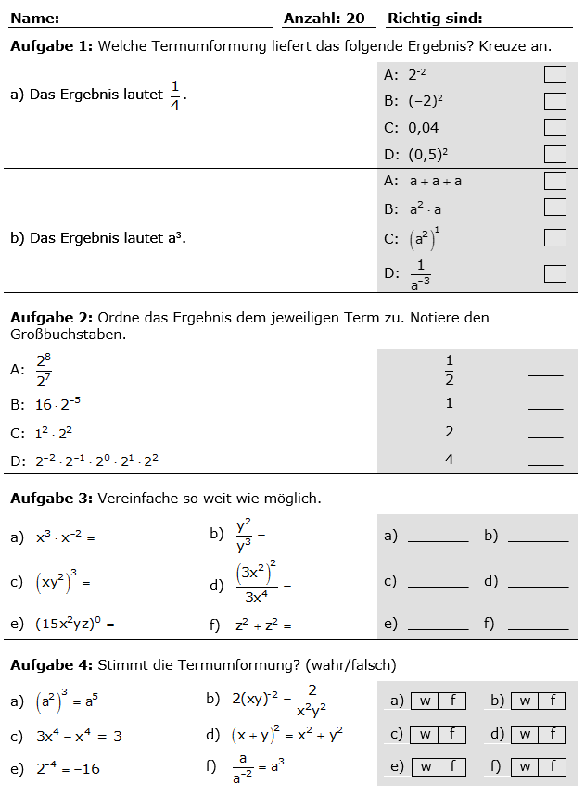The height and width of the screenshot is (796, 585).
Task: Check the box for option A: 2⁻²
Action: tap(554, 75)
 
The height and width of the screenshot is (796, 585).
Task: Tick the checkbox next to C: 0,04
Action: tap(554, 128)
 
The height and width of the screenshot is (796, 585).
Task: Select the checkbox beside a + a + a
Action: tap(554, 181)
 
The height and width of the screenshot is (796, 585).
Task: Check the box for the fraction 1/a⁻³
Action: tap(554, 273)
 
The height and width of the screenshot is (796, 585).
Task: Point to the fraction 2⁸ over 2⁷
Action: tap(44, 369)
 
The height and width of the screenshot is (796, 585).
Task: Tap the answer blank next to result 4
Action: tap(545, 459)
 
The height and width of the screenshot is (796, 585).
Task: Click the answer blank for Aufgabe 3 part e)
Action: tap(438, 625)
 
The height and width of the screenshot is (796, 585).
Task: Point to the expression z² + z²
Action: tap(263, 625)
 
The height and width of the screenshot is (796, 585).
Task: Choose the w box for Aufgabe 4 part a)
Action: tap(425, 701)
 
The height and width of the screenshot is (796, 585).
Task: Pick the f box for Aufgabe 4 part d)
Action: tap(552, 735)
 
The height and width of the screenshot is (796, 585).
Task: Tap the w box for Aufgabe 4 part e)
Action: tap(425, 767)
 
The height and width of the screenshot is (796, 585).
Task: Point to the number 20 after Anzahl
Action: tap(355, 19)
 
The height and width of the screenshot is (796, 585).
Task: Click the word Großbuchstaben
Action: tap(68, 334)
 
